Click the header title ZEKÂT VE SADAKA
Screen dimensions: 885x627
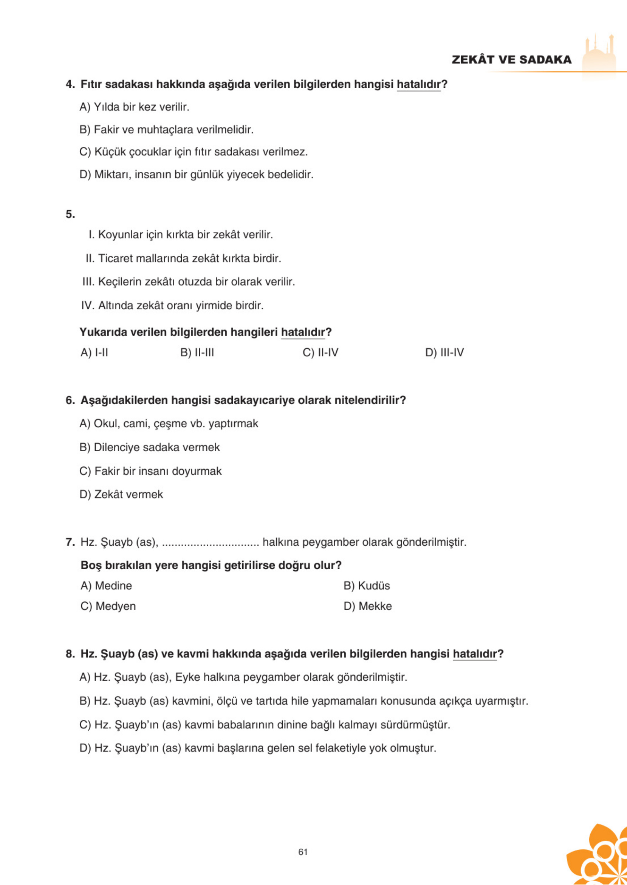511,59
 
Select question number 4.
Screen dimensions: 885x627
70,84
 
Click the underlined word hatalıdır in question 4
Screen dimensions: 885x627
418,84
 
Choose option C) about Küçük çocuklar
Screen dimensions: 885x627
194,152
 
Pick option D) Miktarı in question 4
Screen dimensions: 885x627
196,175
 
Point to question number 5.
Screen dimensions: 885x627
70,214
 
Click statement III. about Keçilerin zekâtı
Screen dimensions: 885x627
189,282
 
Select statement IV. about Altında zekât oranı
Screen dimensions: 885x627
172,306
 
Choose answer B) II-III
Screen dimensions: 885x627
197,352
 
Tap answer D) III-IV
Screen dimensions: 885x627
444,352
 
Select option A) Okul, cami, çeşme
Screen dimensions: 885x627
169,424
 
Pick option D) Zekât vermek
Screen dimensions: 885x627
121,494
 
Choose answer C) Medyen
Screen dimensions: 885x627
108,606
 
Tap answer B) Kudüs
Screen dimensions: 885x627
366,585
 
